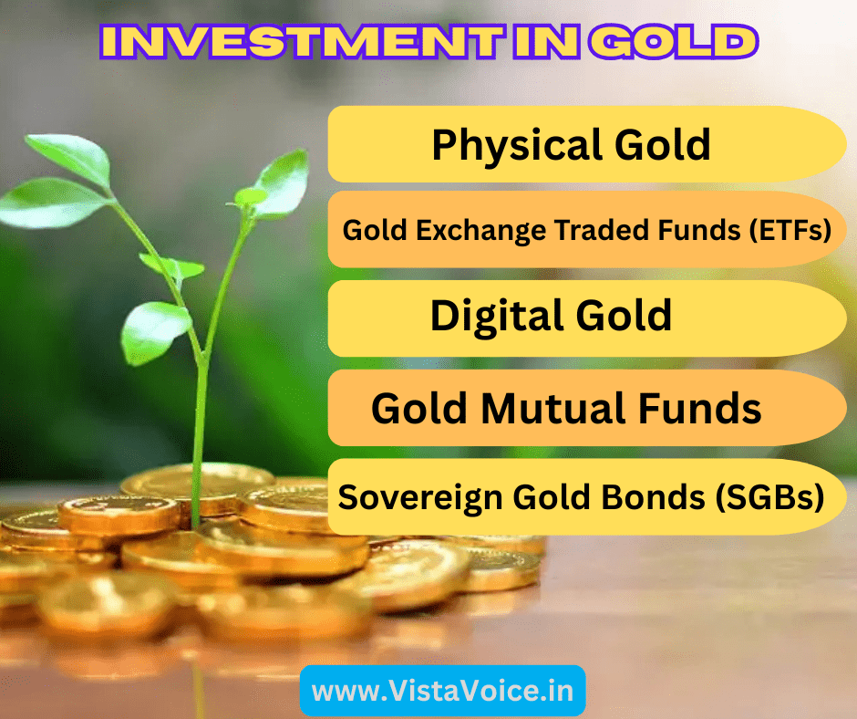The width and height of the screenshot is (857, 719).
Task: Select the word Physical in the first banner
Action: click(502, 145)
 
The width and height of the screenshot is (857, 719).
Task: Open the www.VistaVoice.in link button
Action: click(442, 691)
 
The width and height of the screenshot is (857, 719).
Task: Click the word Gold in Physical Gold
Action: click(659, 145)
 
